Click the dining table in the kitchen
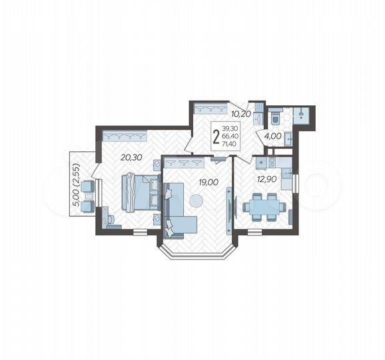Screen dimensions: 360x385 click(x=262, y=207)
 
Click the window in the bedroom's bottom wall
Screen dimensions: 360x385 click(x=139, y=231)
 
